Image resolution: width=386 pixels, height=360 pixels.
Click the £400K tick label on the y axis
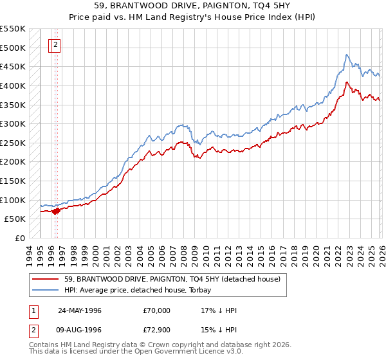[x=13, y=85]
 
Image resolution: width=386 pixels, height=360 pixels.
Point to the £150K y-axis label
[x=13, y=181]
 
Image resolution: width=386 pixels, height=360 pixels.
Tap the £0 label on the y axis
[x=19, y=238]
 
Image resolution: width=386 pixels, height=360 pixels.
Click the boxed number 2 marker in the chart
[x=56, y=45]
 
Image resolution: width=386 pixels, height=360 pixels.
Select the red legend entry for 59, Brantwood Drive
[x=172, y=279]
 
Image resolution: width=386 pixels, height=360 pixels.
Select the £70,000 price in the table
[x=157, y=310]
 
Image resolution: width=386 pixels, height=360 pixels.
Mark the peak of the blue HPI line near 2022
[x=347, y=55]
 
